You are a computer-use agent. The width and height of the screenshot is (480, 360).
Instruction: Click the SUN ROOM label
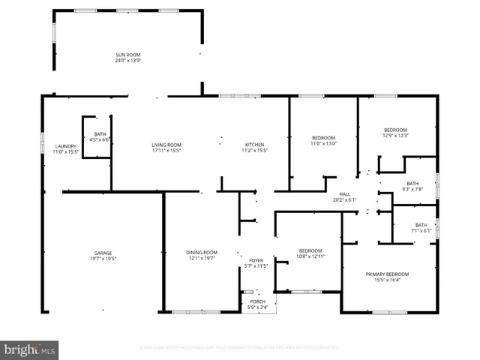click(x=127, y=55)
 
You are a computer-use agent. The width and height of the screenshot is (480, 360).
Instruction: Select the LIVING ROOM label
click(x=166, y=145)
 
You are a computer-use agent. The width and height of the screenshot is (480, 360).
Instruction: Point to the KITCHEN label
click(x=254, y=145)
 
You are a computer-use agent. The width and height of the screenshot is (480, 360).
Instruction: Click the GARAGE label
click(x=103, y=253)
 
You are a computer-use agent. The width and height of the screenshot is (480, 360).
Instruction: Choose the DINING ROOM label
click(x=202, y=252)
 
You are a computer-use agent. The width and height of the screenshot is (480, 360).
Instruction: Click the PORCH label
click(x=257, y=301)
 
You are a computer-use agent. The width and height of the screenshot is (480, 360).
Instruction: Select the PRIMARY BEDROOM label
click(x=387, y=274)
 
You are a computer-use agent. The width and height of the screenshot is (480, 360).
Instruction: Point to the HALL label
click(x=345, y=193)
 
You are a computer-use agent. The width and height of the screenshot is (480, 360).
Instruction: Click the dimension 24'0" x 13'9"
click(x=127, y=61)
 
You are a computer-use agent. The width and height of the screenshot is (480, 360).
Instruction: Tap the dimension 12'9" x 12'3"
click(x=395, y=136)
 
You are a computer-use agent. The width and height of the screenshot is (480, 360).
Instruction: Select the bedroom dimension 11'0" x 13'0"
click(x=324, y=144)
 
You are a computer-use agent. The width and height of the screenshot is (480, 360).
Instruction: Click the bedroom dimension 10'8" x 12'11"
click(x=310, y=256)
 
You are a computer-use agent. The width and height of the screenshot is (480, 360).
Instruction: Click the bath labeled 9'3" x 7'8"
click(x=412, y=190)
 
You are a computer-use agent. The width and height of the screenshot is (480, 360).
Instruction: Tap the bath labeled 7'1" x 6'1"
click(x=421, y=231)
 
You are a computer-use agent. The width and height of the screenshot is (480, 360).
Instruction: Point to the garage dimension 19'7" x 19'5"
click(x=103, y=259)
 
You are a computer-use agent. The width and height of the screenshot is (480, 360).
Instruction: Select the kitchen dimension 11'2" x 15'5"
click(x=254, y=151)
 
